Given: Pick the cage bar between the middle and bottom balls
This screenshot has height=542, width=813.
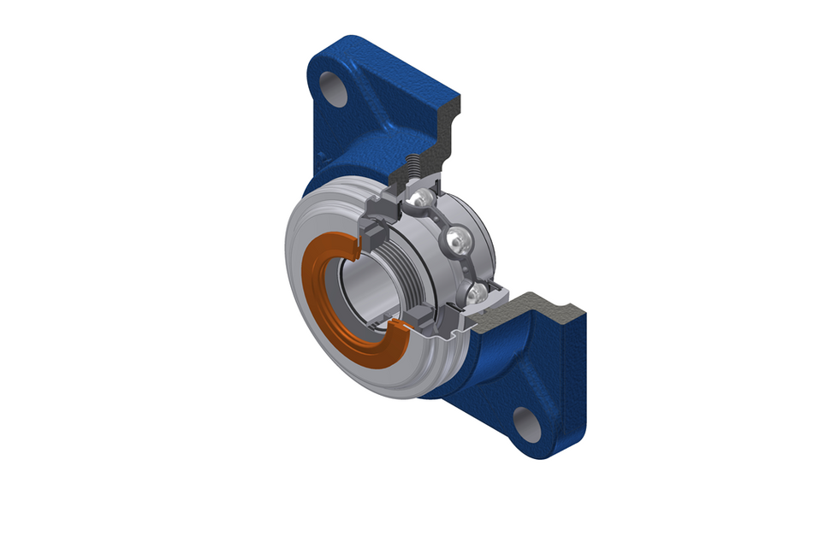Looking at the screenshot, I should [467, 268].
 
